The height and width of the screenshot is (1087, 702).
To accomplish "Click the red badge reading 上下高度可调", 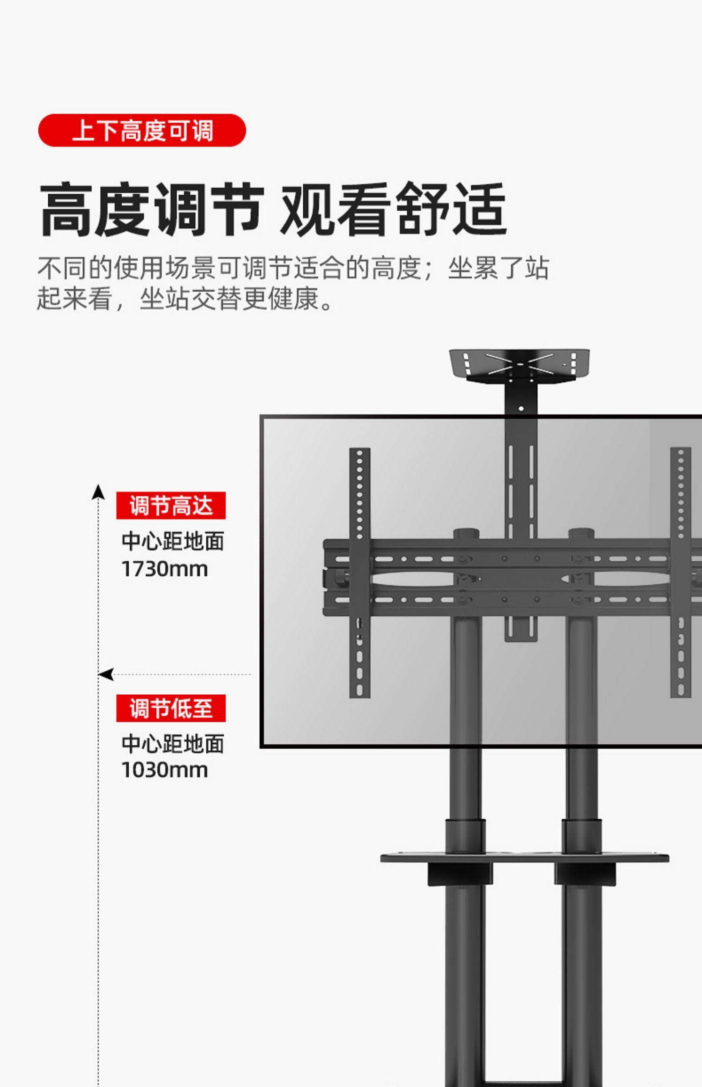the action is point(142,130).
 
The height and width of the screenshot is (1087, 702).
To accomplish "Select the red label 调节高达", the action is point(171,506).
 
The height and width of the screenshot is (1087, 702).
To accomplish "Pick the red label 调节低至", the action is point(171,708).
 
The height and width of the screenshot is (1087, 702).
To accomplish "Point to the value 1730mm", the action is point(164,569).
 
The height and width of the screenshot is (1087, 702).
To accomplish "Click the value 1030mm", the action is point(164,770).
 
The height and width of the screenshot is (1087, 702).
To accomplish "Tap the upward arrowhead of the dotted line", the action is point(98,492).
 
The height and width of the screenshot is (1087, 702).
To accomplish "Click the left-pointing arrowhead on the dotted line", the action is point(106,675).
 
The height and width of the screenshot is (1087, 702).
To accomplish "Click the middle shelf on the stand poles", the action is point(524,858).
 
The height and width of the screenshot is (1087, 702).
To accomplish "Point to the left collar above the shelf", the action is point(465,836).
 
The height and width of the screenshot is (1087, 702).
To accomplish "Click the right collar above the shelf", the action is point(582,836).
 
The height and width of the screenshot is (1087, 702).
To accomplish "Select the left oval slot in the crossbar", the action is point(412,579).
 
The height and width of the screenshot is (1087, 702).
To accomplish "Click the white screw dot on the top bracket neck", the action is point(521,409).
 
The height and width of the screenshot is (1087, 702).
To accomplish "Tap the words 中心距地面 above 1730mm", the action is point(173,542).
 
